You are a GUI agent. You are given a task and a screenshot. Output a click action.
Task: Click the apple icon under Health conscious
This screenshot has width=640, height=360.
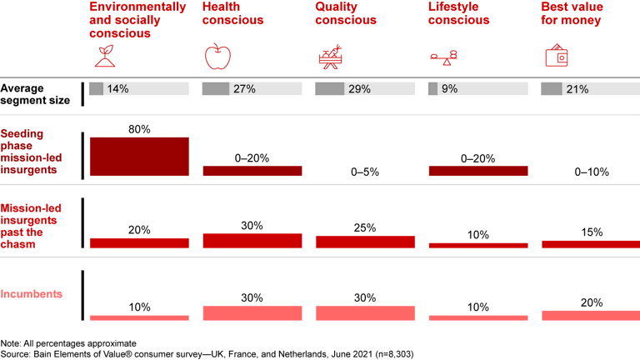217,57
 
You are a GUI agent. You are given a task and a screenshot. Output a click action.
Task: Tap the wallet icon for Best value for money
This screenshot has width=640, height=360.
556,57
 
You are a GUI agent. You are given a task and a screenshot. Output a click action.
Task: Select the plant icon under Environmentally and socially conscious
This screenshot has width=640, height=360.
105,57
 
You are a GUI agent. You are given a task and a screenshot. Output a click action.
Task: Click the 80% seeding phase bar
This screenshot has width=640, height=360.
139,156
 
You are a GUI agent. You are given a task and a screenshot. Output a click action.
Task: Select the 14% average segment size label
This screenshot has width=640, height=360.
117,89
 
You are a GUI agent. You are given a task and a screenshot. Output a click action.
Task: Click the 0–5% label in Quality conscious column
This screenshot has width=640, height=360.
365,172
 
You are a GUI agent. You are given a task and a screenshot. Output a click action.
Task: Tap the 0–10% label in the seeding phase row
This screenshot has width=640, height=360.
591,172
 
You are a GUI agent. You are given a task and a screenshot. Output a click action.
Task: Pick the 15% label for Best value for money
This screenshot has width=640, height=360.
591,232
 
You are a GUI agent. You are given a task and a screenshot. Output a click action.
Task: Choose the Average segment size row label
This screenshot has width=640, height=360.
33,93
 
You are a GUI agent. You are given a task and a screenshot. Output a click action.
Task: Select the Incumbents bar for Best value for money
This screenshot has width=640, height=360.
591,316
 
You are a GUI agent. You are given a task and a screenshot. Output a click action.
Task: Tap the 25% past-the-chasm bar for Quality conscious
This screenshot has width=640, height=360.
365,242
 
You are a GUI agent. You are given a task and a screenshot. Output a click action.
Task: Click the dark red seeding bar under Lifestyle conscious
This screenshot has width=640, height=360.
477,171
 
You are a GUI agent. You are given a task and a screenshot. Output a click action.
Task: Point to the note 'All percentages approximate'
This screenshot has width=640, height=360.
68,342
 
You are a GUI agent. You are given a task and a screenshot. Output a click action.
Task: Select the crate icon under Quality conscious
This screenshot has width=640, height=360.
330,57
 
